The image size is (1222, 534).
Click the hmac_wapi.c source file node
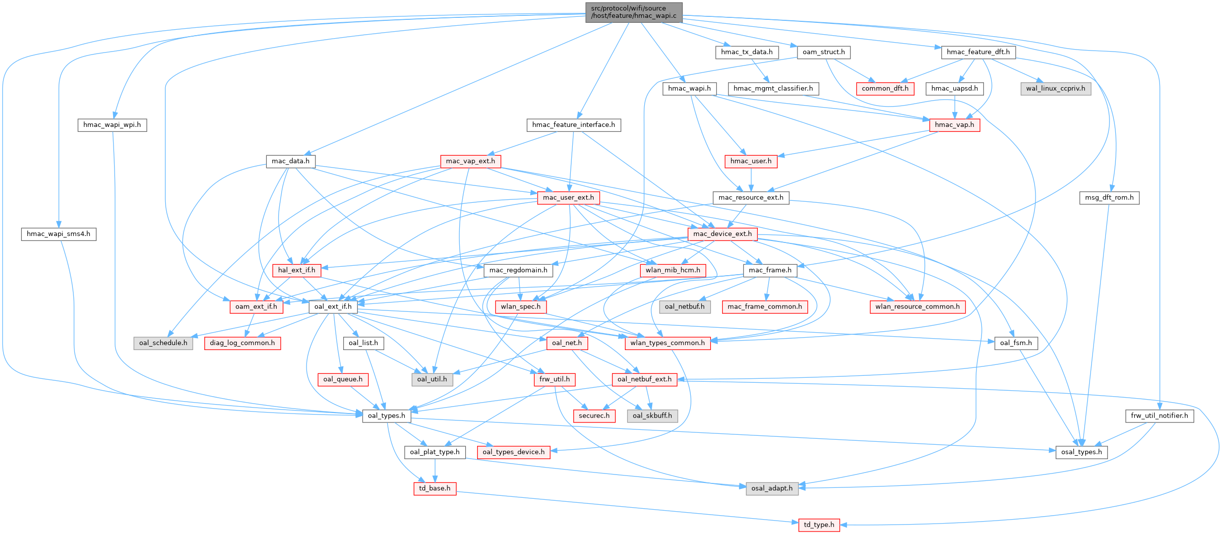[633, 12]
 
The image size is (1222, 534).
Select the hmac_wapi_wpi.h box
[112, 125]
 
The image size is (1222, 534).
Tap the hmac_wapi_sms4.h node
[59, 234]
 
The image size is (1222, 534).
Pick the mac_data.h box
[291, 161]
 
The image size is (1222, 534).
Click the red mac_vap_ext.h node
[470, 161]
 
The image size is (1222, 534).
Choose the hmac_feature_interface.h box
[573, 125]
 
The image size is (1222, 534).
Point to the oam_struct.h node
[824, 52]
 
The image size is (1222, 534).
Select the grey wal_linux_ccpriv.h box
[1055, 89]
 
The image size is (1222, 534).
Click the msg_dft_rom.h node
[1109, 198]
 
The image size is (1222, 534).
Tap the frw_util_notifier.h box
[1160, 416]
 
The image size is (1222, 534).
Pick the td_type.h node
[819, 525]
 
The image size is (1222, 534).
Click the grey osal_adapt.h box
[772, 488]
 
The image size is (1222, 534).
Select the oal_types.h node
[386, 416]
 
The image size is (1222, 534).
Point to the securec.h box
[594, 416]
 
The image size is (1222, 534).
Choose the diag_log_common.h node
[242, 343]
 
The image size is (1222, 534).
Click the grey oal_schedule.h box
[163, 343]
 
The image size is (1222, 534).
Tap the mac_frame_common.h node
[765, 307]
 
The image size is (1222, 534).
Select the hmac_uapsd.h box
[954, 89]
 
